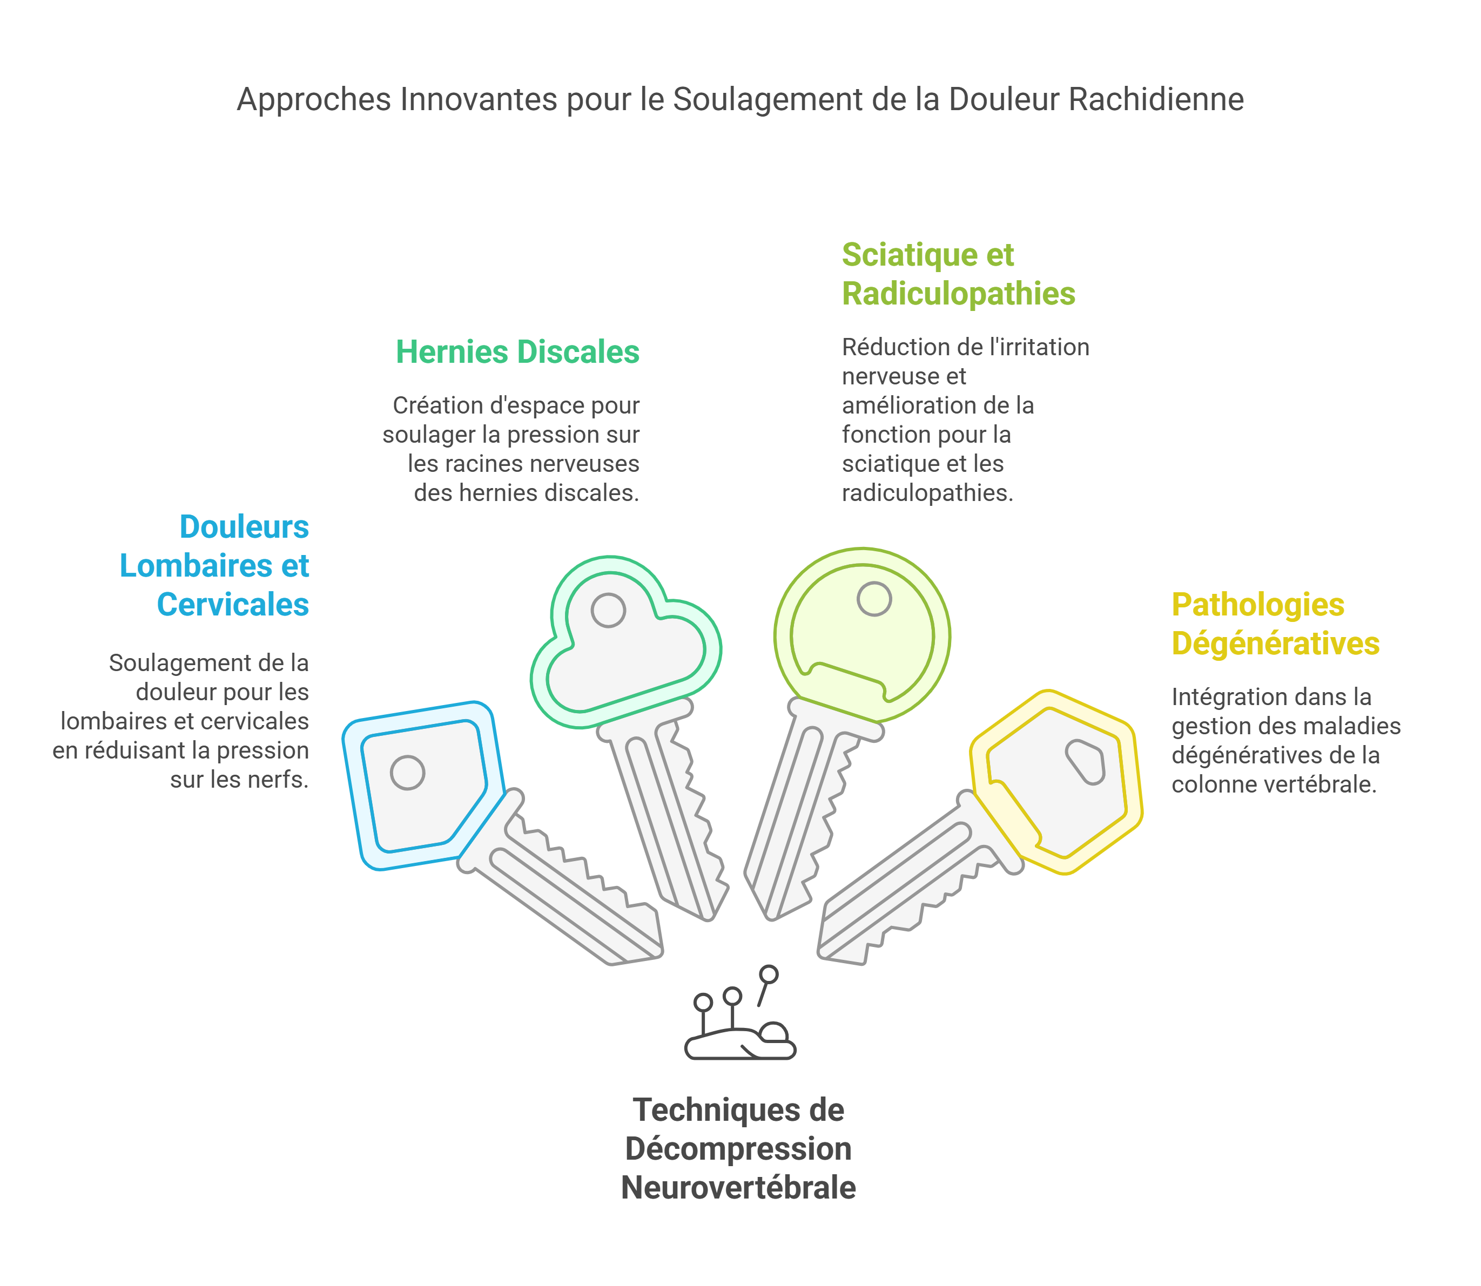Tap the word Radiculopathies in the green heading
click(x=958, y=294)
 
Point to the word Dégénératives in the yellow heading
click(x=1276, y=644)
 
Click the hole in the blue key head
click(x=408, y=773)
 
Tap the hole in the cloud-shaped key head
click(x=608, y=610)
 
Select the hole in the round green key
click(x=874, y=599)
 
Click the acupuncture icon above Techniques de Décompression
click(x=740, y=1013)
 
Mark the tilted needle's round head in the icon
click(x=769, y=974)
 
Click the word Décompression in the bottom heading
click(x=738, y=1149)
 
